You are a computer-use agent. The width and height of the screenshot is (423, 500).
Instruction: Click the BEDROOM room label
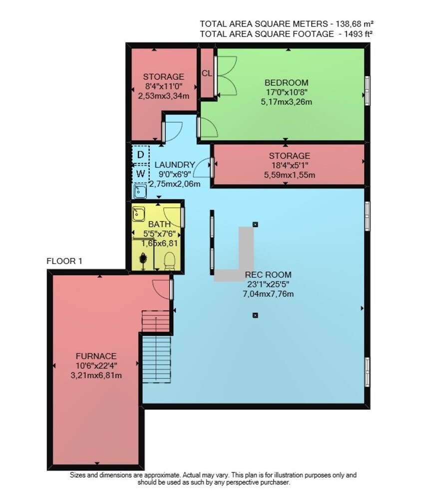click(x=286, y=83)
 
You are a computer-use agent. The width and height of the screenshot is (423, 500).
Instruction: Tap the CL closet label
click(x=207, y=73)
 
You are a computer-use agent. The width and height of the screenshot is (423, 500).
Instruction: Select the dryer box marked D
click(x=140, y=155)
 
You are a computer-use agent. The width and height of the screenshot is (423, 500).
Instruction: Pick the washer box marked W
click(x=140, y=174)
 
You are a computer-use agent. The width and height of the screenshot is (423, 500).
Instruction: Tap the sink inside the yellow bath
click(x=138, y=214)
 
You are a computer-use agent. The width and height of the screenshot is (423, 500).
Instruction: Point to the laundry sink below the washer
click(x=140, y=191)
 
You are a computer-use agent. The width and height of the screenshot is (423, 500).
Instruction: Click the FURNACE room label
click(x=96, y=356)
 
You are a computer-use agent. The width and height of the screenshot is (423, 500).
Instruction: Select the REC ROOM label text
click(x=268, y=275)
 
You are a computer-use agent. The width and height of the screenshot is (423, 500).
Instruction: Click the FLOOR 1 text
click(x=64, y=261)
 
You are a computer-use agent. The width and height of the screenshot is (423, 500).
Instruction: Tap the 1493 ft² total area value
click(x=358, y=34)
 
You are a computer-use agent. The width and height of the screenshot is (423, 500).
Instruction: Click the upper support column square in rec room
click(x=255, y=224)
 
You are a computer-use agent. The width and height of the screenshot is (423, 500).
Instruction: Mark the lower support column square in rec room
click(x=255, y=315)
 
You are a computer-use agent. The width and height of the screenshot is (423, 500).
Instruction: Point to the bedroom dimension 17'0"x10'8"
click(x=286, y=92)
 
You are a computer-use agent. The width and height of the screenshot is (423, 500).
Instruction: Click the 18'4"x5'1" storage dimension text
click(x=289, y=165)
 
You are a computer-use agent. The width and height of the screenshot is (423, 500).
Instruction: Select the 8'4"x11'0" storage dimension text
click(x=163, y=86)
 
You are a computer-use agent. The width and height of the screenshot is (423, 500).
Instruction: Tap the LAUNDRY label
click(x=175, y=164)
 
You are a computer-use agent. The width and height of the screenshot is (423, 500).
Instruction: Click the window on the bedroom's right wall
click(x=367, y=90)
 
